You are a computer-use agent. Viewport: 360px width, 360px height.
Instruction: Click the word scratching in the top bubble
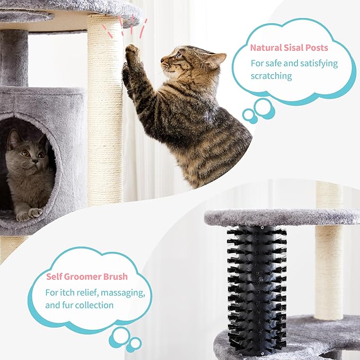(x=271, y=76)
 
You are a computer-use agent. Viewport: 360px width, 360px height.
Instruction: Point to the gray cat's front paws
(x=29, y=213)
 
